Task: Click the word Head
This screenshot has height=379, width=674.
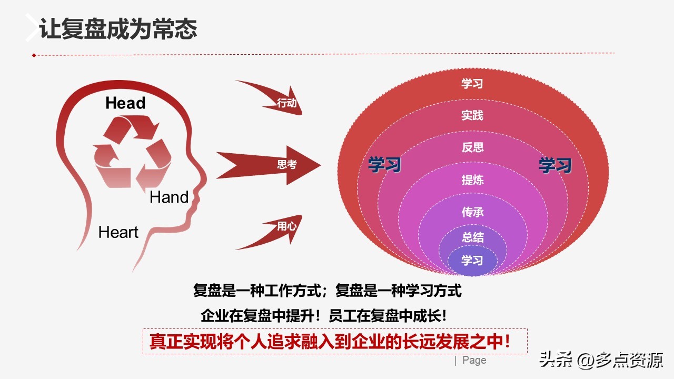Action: pos(125,103)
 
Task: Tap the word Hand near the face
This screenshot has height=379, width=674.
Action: pos(169,197)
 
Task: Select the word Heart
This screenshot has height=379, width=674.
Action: pos(118,232)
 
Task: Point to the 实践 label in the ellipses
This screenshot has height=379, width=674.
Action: pos(472,115)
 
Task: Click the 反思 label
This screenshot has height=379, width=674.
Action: pos(472,147)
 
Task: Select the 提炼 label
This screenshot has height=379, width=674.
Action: pos(472,180)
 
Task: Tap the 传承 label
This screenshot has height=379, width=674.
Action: pos(472,212)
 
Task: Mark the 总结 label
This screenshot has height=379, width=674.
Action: pos(472,237)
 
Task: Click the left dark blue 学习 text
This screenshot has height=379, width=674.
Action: pos(384,165)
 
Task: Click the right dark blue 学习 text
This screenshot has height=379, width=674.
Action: pos(555,165)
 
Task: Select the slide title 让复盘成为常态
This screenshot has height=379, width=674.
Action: pos(118,29)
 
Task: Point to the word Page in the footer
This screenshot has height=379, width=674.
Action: pos(474,361)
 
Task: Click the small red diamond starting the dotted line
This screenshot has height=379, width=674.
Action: pos(34,55)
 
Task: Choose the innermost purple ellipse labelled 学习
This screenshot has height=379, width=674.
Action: pos(472,261)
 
